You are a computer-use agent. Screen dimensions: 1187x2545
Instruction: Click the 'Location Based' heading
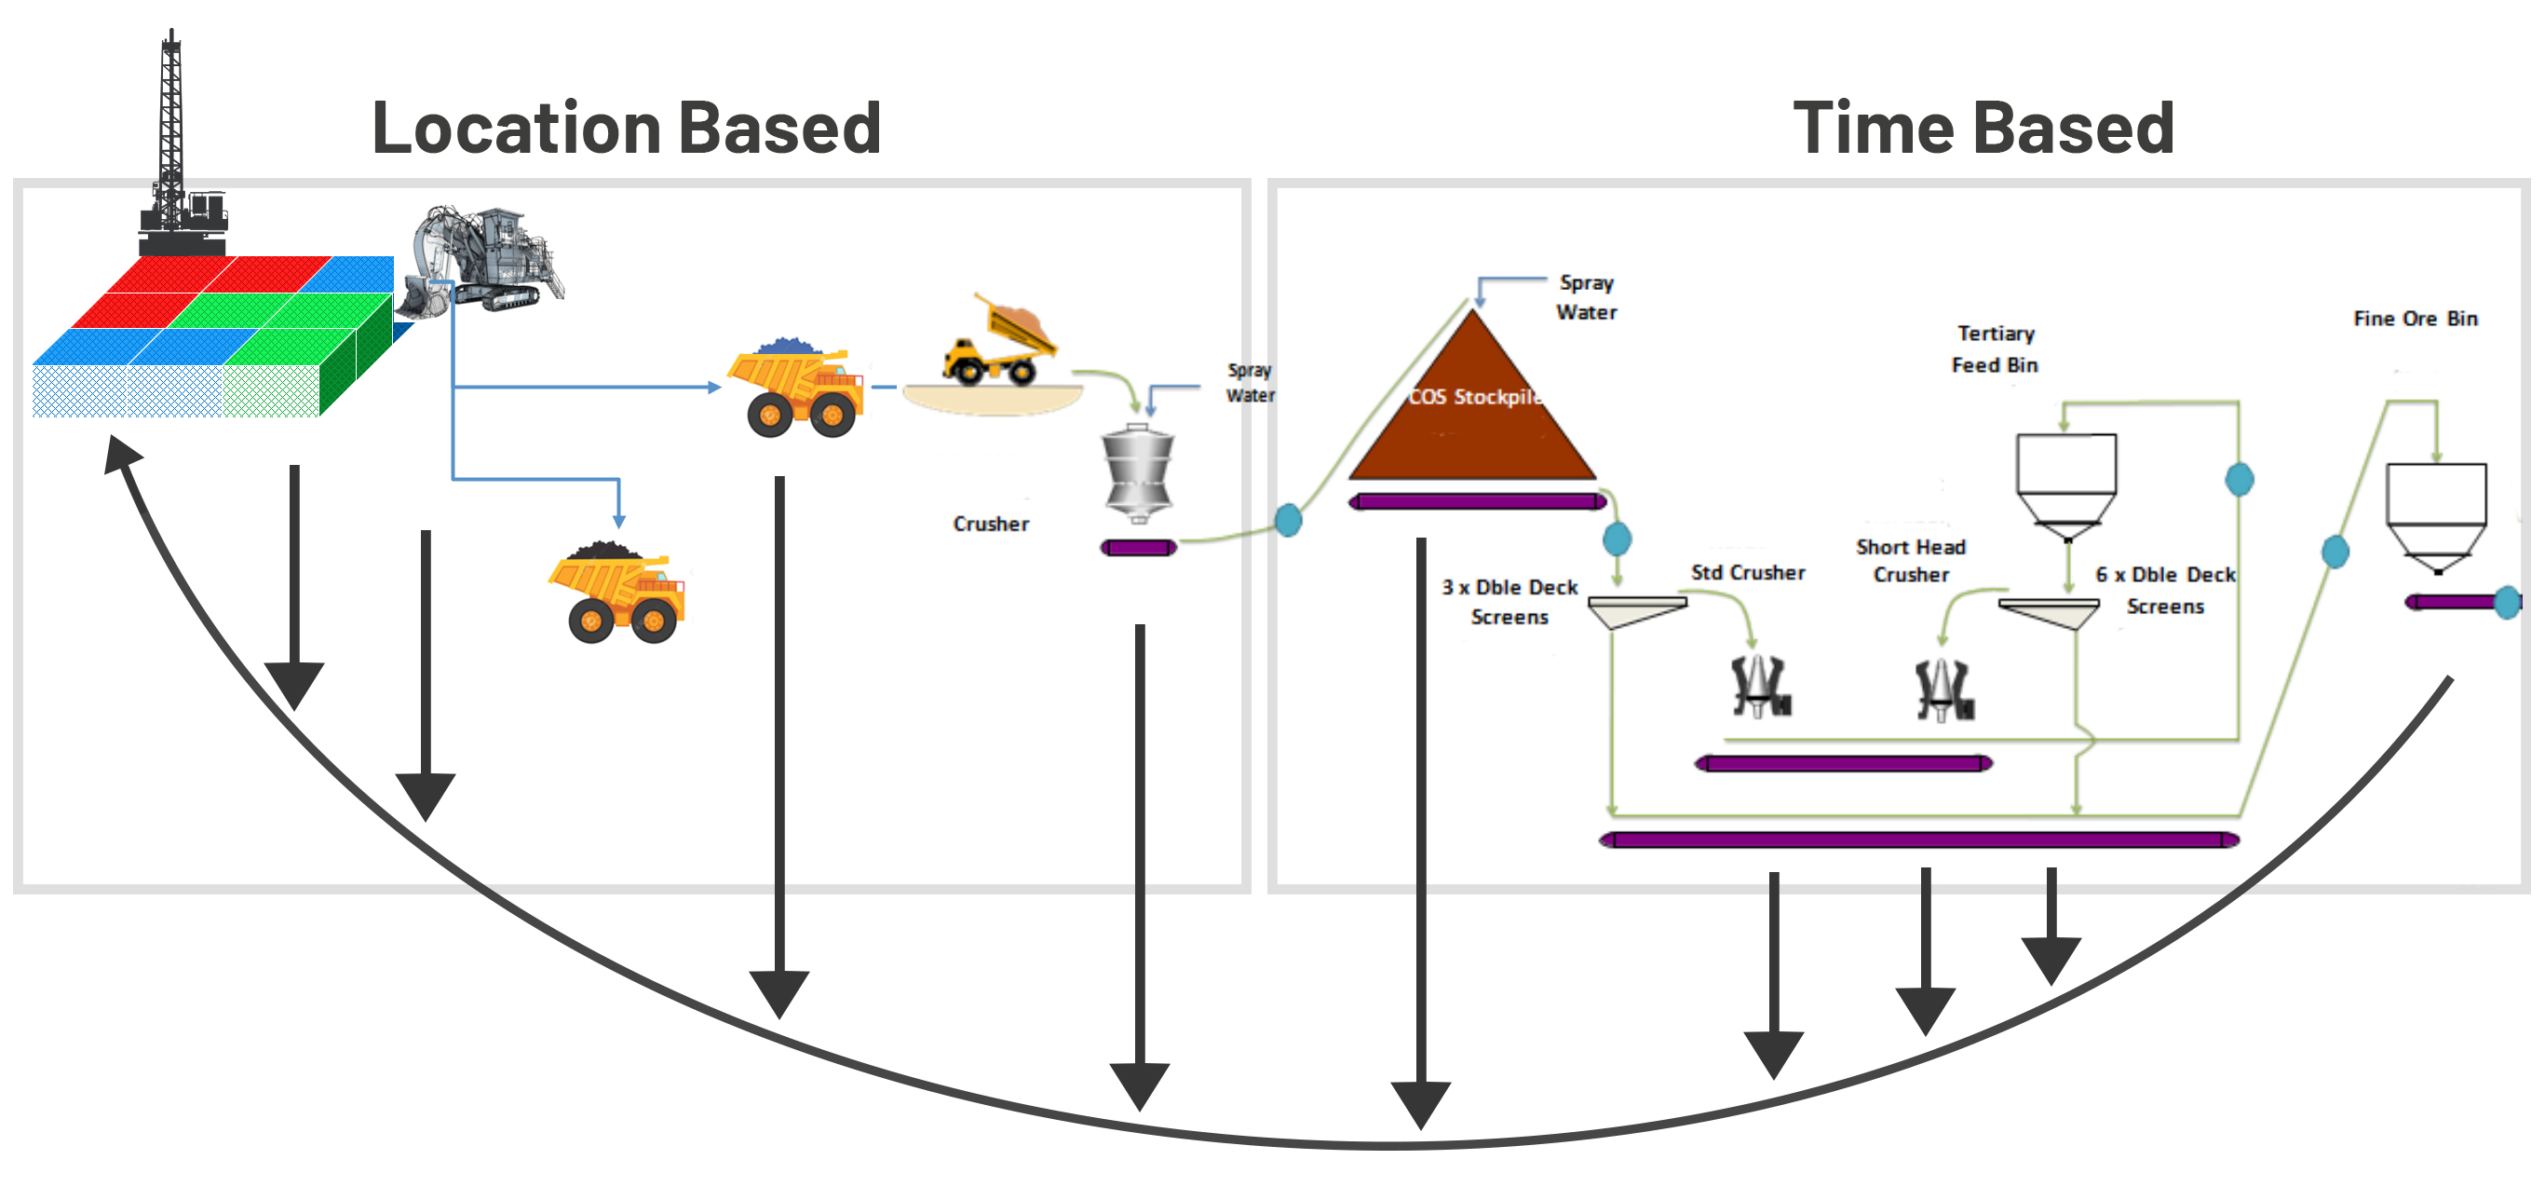(x=626, y=129)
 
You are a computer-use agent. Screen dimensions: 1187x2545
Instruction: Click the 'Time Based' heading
(x=1983, y=129)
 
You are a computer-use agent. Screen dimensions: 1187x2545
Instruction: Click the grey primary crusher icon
(x=1138, y=473)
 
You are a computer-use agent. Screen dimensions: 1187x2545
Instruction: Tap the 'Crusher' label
(x=990, y=524)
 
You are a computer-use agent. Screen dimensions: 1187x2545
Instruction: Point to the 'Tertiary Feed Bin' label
(x=1995, y=348)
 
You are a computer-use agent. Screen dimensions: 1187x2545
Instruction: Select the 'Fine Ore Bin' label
(x=2415, y=319)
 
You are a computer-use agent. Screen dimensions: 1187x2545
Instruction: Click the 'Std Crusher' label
(x=1747, y=572)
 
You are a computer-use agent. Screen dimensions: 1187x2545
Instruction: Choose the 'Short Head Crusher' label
(x=1910, y=560)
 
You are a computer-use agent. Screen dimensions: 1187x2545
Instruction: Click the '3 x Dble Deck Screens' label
(x=1509, y=602)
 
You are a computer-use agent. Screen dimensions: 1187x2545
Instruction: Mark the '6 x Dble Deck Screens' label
(x=2165, y=590)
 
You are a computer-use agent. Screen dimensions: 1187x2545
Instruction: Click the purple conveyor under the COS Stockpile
(x=1477, y=502)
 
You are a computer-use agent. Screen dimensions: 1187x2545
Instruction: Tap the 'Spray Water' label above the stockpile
(x=1586, y=296)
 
